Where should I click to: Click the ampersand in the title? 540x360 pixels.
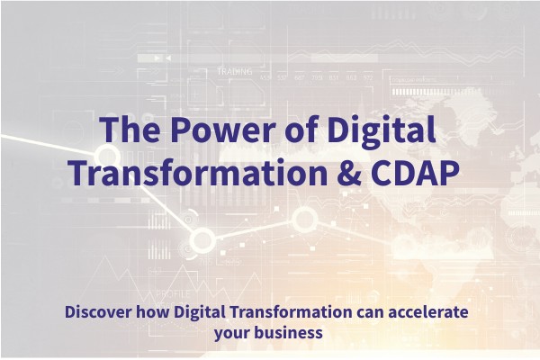point(347,172)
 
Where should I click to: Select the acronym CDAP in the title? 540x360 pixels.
point(413,172)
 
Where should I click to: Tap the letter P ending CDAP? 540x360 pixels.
point(449,172)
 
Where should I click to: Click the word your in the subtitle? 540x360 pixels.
point(233,333)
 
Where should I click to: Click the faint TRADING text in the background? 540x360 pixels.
point(234,71)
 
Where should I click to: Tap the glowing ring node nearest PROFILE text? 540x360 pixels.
point(202,239)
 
